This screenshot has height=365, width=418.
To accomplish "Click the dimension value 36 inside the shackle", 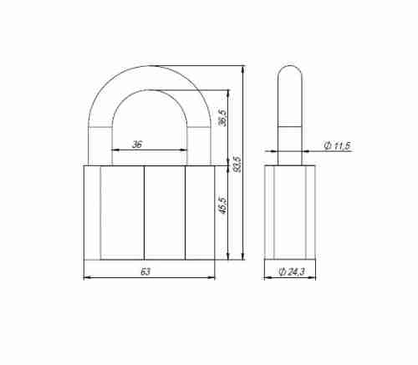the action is pos(137,144).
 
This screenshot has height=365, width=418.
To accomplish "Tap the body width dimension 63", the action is pos(145,271).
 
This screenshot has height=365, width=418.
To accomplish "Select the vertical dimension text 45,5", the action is pos(223,205).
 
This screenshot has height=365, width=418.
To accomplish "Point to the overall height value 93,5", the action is pos(237,165).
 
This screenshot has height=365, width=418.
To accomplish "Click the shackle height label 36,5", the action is pos(223,118).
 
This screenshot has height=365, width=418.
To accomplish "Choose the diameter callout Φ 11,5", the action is pos(337,145).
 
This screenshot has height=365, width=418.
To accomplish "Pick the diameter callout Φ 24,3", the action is pos(292,271).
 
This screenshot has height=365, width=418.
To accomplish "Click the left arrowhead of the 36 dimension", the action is pos(115,150).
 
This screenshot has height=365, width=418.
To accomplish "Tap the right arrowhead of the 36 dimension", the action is pos(184,150).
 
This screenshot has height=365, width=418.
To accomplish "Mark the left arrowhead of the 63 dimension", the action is pos(87,277).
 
